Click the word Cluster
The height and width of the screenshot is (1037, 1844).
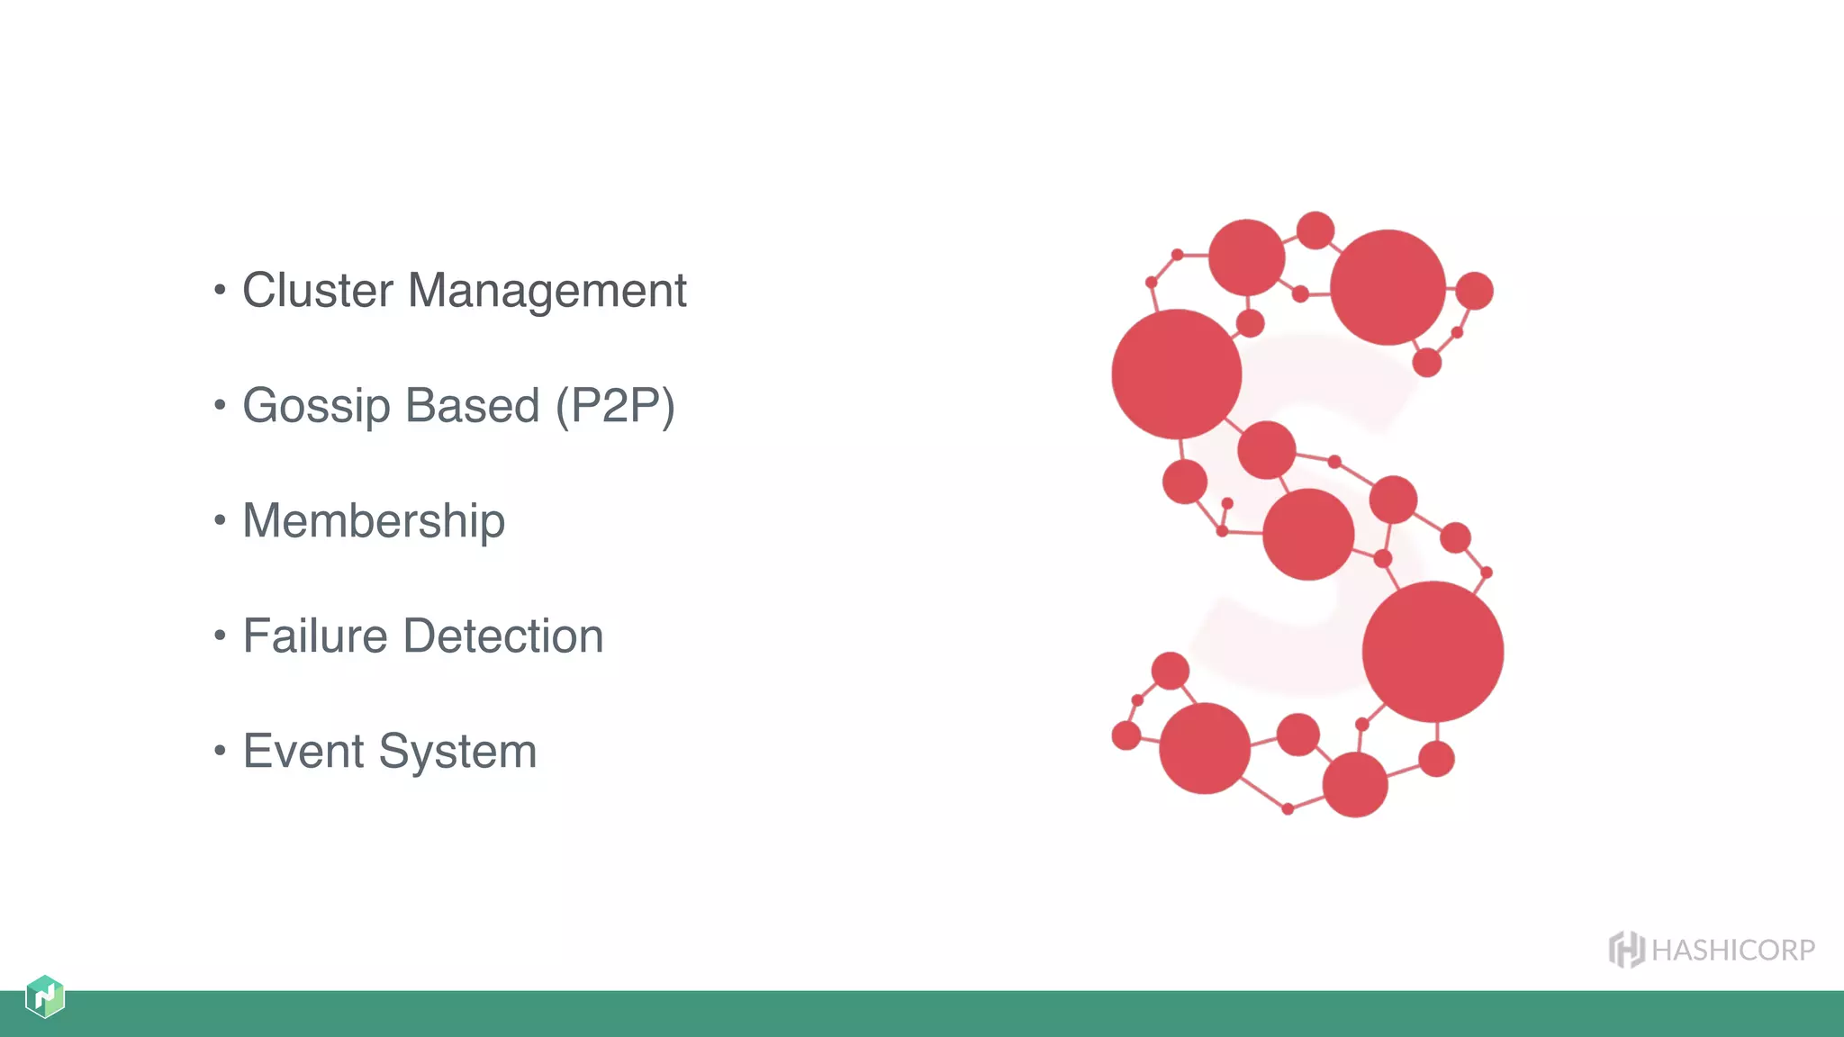(x=318, y=291)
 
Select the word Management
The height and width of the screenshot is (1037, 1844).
(x=547, y=291)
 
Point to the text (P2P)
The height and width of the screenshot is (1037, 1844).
(x=615, y=406)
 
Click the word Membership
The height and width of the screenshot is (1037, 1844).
(x=374, y=521)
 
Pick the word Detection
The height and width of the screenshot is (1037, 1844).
(x=503, y=636)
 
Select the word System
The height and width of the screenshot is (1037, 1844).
(x=457, y=752)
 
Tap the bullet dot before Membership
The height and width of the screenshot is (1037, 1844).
(x=220, y=519)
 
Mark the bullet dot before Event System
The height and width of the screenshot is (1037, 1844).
(x=220, y=750)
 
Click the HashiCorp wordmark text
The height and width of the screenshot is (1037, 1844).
(x=1733, y=951)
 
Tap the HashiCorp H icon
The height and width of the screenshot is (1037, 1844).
(x=1626, y=950)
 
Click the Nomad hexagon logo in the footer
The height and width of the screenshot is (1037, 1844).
(x=45, y=996)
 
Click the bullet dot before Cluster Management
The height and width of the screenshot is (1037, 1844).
(x=220, y=289)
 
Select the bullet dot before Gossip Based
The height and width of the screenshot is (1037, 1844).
(x=220, y=404)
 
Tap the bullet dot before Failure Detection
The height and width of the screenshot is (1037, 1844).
(x=220, y=635)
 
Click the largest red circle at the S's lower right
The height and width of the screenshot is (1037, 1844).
(x=1433, y=652)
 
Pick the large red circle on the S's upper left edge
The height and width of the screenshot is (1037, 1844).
(x=1177, y=374)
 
